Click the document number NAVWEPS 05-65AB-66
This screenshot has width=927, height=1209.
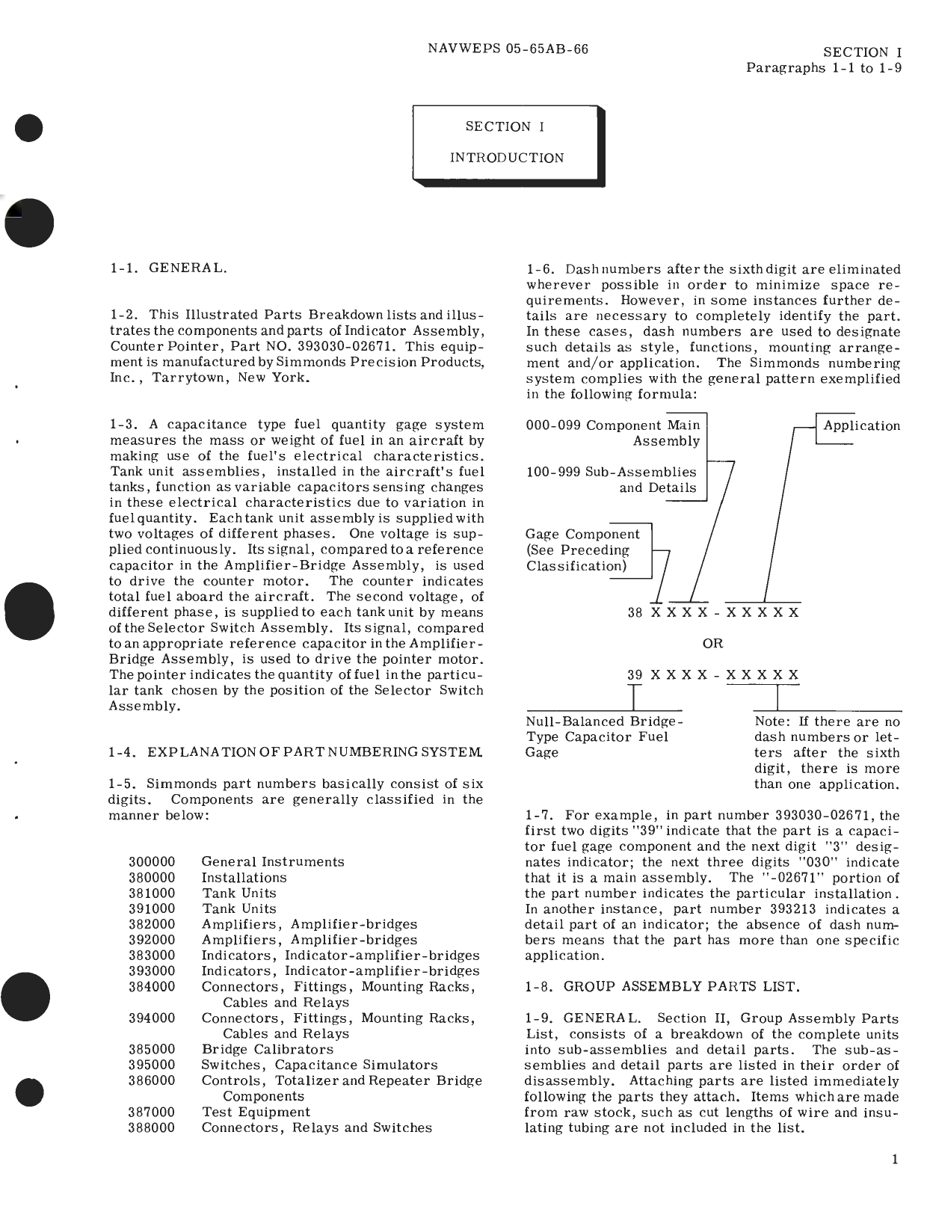(508, 49)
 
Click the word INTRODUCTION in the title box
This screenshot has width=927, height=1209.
(507, 158)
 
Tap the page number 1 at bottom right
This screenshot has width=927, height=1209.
(895, 1160)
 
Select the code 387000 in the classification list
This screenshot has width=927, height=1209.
(152, 1112)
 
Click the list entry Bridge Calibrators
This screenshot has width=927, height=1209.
(267, 1049)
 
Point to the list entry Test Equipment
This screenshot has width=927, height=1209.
(256, 1112)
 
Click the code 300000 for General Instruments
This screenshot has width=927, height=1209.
(152, 861)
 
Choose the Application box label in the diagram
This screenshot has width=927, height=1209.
(861, 425)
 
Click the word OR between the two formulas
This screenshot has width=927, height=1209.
(712, 643)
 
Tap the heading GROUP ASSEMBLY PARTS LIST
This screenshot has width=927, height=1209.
(681, 986)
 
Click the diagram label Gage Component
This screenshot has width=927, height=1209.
(582, 534)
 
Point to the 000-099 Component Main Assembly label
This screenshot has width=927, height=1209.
(613, 432)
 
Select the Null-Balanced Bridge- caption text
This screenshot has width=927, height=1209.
(604, 722)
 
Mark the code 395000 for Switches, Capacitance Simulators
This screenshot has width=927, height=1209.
(152, 1065)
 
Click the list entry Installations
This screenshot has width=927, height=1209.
(244, 877)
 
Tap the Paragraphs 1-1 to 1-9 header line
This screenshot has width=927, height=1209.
(823, 68)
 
